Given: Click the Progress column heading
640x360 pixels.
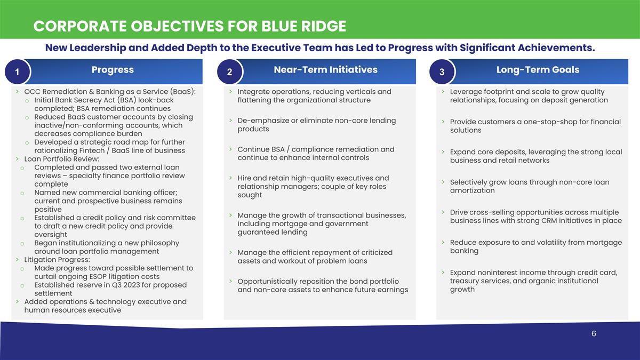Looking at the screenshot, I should pos(113,70).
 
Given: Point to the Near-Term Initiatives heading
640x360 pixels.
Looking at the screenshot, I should pos(325,70).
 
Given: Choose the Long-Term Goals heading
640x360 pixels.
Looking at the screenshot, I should pos(538,70).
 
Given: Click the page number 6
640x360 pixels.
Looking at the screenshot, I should pos(594,334).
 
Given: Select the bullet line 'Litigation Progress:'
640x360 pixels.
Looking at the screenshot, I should pos(57,260).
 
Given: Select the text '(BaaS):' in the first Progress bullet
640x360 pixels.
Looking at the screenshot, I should pos(182,92).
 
